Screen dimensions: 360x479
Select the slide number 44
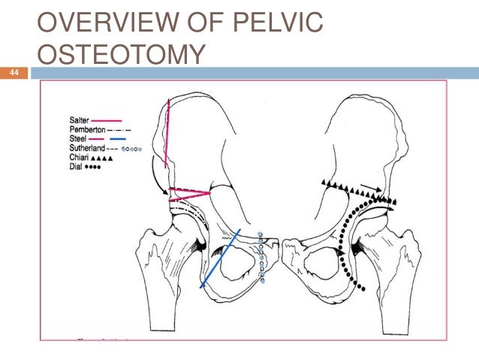click(14, 73)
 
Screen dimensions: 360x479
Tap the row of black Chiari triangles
click(357, 191)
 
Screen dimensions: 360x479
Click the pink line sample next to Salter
click(106, 119)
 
